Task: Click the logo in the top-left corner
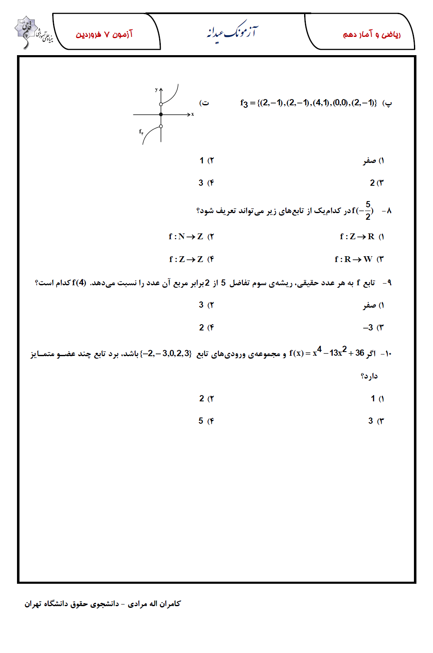[x=31, y=32]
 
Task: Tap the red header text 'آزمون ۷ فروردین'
[x=104, y=34]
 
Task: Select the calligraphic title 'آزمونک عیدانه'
[x=232, y=32]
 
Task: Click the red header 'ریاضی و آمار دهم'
[x=372, y=34]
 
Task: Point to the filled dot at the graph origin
[x=161, y=114]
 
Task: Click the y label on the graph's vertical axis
[x=156, y=90]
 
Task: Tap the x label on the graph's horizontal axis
[x=192, y=114]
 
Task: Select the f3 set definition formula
[x=308, y=103]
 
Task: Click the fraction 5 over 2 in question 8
[x=368, y=211]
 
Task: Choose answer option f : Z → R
[x=357, y=237]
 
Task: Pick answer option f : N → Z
[x=186, y=237]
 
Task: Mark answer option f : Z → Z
[x=186, y=260]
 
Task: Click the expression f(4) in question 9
[x=79, y=283]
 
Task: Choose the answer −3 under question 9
[x=368, y=328]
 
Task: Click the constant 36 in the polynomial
[x=359, y=353]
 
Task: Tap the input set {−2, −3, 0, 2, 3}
[x=166, y=354]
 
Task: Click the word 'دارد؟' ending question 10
[x=369, y=376]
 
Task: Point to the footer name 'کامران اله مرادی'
[x=154, y=604]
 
